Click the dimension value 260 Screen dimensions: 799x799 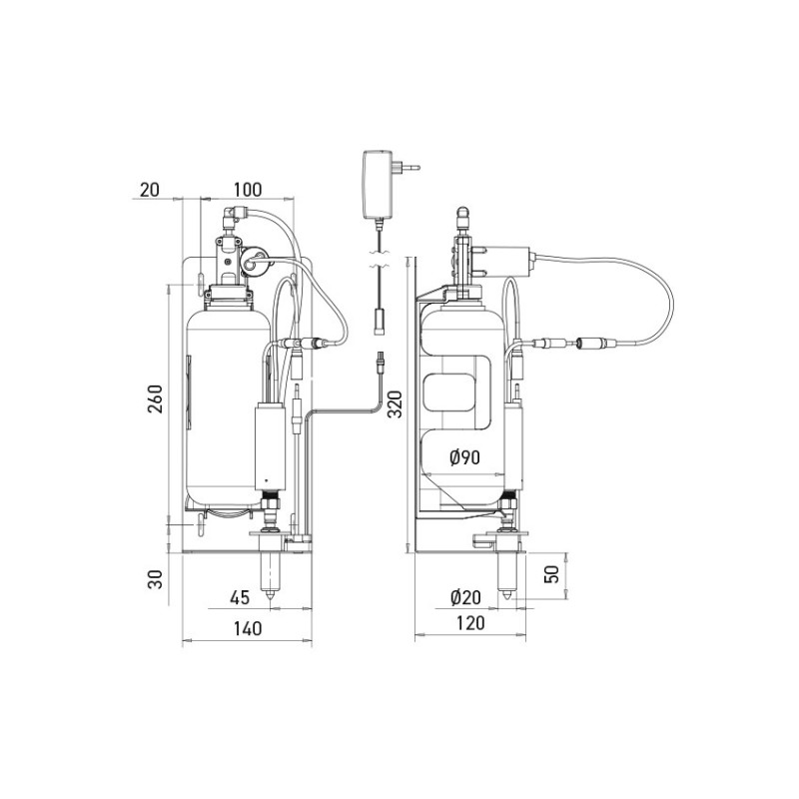pos(155,399)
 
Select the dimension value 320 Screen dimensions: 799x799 pos(395,403)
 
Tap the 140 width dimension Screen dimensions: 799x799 pos(248,628)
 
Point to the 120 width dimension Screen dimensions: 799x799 pos(470,622)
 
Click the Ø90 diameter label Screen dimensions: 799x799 pos(464,457)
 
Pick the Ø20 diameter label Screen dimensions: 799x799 pos(465,596)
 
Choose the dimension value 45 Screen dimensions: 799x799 pos(240,597)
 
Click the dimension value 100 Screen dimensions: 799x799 pos(248,189)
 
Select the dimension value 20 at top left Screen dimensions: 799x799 pos(149,189)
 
